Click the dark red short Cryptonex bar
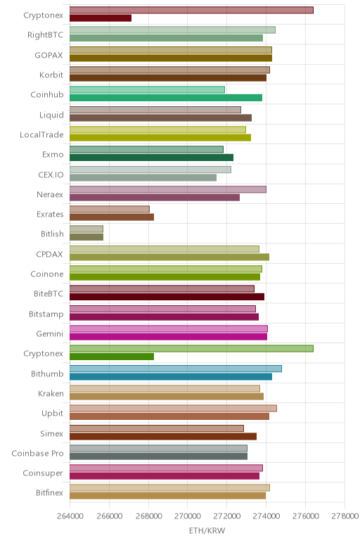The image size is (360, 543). click(x=101, y=18)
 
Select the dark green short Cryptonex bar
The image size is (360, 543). click(x=112, y=357)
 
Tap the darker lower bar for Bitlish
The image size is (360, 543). click(x=86, y=237)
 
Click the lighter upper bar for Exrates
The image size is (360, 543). click(x=110, y=209)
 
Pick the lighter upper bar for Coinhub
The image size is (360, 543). click(x=147, y=90)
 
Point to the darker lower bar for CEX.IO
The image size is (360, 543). click(x=143, y=177)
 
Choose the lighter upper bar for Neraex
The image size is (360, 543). click(x=168, y=189)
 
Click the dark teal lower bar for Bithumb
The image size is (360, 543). click(x=171, y=376)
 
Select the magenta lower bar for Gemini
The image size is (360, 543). click(x=168, y=337)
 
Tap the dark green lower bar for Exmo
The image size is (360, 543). click(x=151, y=158)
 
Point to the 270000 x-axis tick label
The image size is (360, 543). click(x=188, y=516)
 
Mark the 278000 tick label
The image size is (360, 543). click(x=345, y=516)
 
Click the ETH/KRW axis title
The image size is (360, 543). click(x=207, y=530)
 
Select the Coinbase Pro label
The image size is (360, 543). click(x=37, y=453)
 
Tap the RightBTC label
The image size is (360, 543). click(x=45, y=35)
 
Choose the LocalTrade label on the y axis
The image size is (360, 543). click(x=41, y=135)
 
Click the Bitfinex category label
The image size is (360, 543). click(x=49, y=493)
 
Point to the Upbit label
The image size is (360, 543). click(x=52, y=414)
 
